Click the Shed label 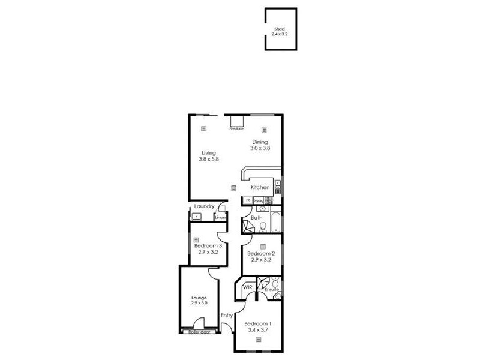coord(280,29)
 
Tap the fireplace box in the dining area coord(236,122)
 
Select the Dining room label coord(260,142)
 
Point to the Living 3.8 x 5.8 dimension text coord(208,160)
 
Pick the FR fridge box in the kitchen coord(247,200)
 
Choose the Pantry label coord(259,200)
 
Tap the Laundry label coord(204,206)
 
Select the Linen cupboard coord(220,217)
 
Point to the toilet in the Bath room coord(262,227)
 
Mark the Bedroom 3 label coord(208,245)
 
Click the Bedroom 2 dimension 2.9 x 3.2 coord(261,260)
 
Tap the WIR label coord(247,288)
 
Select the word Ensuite coord(272,290)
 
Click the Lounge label coord(199,298)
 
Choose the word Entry coord(226,316)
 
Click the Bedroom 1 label coord(259,323)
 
